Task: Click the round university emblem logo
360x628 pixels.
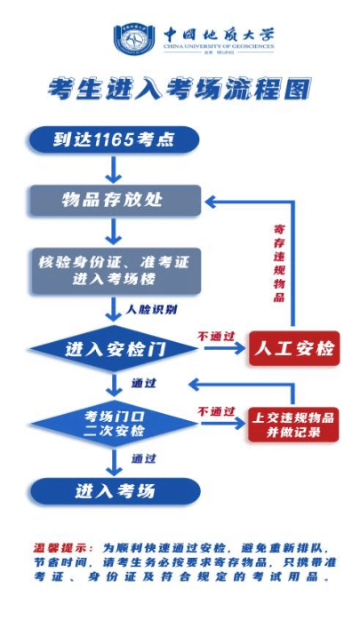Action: click(x=133, y=38)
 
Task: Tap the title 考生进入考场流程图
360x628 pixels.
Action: click(x=180, y=89)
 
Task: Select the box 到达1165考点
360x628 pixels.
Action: click(x=113, y=139)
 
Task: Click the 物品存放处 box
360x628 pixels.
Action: click(x=113, y=201)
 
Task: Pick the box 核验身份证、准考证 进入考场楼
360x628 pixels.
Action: click(x=113, y=270)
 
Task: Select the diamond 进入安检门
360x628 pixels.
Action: click(x=114, y=349)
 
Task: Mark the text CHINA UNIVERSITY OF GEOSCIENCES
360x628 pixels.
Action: click(x=218, y=44)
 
